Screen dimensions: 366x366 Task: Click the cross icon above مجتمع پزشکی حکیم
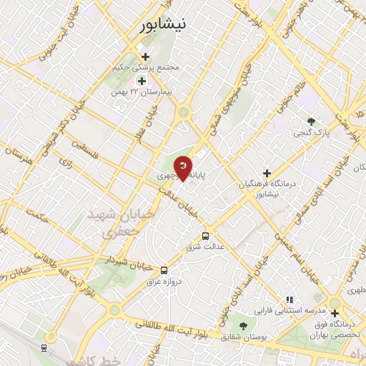pyautogui.click(x=146, y=56)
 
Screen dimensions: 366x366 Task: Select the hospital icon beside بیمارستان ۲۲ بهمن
pyautogui.click(x=142, y=81)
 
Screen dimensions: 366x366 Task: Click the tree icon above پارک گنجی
pyautogui.click(x=310, y=121)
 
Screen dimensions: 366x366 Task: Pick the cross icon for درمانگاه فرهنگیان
pyautogui.click(x=267, y=173)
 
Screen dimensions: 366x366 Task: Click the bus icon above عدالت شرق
pyautogui.click(x=205, y=236)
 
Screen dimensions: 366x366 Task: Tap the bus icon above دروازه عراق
pyautogui.click(x=164, y=270)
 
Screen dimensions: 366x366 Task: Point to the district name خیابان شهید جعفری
pyautogui.click(x=110, y=223)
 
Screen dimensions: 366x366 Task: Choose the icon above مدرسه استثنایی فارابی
pyautogui.click(x=290, y=300)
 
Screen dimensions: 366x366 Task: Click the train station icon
pyautogui.click(x=44, y=347)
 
